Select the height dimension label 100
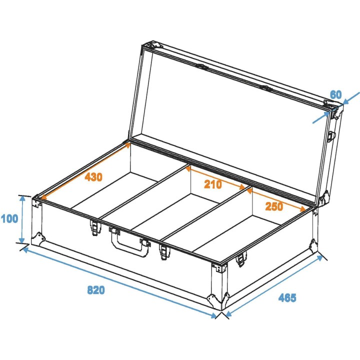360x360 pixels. (x=9, y=218)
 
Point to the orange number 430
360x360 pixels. (x=94, y=176)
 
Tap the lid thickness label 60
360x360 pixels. (x=336, y=93)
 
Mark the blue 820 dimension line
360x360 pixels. (x=120, y=282)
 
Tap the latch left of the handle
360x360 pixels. (x=94, y=227)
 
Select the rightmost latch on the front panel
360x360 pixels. (x=240, y=259)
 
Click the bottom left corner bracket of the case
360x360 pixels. (x=37, y=238)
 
